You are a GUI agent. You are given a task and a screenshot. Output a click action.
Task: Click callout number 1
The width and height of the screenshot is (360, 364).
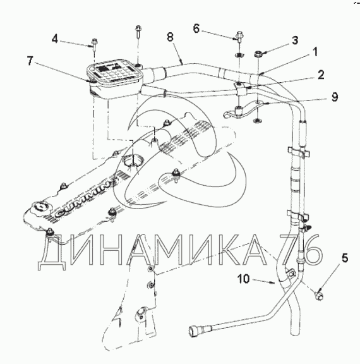[315, 52]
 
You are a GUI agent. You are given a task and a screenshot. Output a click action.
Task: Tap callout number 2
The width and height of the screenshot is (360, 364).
[321, 75]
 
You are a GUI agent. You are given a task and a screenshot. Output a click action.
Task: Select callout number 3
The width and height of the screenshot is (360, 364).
[294, 40]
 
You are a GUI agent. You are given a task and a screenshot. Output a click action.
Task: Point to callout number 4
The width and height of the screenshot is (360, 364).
[55, 39]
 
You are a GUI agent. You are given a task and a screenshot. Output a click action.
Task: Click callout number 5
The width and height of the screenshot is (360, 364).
[345, 258]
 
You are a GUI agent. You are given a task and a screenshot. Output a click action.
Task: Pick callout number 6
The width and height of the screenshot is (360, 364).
[196, 29]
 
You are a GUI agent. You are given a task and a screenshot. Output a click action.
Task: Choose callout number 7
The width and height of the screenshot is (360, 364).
[30, 61]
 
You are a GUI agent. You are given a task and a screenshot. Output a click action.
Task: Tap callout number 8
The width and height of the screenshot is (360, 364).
[171, 37]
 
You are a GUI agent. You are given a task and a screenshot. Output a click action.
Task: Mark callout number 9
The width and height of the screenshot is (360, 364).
[335, 97]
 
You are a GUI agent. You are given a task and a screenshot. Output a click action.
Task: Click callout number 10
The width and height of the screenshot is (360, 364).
[243, 279]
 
